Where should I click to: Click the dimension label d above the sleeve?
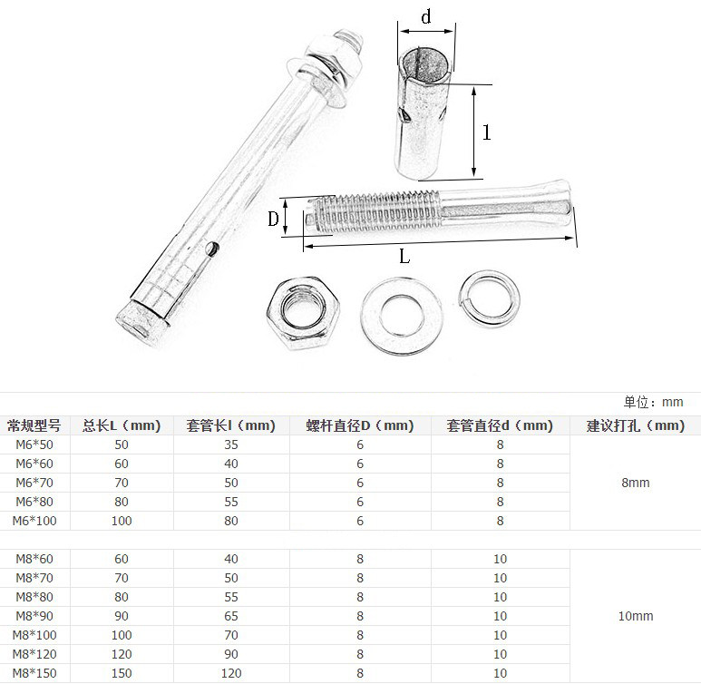(426, 16)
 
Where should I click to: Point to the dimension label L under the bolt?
(404, 257)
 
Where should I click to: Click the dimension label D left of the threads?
(273, 220)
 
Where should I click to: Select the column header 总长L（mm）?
(122, 425)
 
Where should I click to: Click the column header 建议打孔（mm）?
(636, 425)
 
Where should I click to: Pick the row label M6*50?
(34, 445)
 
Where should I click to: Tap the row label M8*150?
(34, 673)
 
